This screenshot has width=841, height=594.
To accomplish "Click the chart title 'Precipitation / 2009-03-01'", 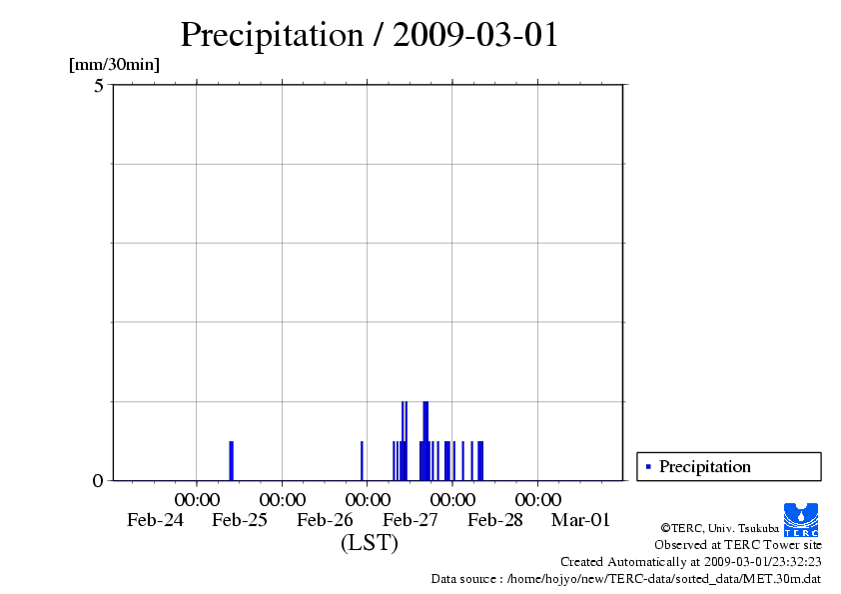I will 369,36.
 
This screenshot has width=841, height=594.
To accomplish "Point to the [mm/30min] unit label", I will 114,65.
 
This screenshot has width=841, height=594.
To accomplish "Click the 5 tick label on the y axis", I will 99,86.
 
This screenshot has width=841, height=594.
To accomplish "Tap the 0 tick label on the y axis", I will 98,481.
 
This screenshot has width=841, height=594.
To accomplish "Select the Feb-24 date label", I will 155,520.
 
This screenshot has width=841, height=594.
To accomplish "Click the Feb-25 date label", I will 240,520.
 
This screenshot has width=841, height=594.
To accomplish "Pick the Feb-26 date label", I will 326,520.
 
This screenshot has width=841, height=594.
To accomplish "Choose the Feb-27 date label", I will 411,520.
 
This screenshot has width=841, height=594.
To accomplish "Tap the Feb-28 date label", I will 495,520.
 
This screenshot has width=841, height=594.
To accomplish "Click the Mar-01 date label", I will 580,520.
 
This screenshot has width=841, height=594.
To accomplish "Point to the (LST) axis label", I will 369,544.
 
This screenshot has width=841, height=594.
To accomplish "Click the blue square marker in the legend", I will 648,466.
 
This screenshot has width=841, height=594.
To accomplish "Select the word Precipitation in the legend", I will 704,466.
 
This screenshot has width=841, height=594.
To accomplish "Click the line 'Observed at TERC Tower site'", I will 737,545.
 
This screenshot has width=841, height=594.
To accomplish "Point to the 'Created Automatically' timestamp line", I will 690,562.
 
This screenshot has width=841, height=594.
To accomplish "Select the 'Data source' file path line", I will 625,578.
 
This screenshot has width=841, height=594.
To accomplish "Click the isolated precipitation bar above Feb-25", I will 231,460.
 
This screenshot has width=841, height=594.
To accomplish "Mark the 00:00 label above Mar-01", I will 538,498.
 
